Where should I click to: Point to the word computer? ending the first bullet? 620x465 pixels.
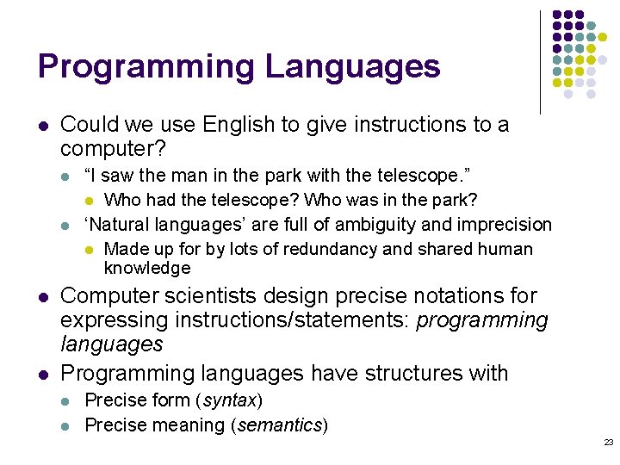coord(112,148)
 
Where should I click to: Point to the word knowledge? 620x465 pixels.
coord(147,269)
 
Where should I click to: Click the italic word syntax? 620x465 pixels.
coord(230,400)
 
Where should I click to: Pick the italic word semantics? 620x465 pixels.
coord(283,425)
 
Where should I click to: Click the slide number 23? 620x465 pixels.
coord(608,442)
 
